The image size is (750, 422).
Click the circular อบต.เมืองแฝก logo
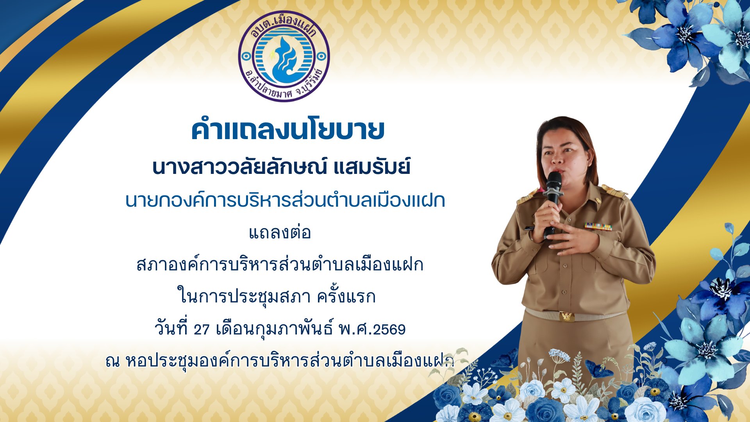284,56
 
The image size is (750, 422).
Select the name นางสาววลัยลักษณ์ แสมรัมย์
281,167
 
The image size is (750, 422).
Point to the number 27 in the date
202,329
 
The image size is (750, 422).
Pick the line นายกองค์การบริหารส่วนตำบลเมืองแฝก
285,200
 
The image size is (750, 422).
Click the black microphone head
554,181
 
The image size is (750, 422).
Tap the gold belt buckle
567,316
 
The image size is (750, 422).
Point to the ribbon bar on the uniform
598,227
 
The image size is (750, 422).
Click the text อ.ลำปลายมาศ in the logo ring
266,88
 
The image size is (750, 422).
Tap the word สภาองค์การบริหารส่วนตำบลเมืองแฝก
280,265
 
